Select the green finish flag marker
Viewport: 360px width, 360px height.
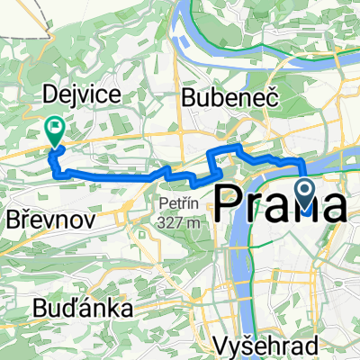(55, 131)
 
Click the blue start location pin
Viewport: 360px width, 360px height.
(305, 192)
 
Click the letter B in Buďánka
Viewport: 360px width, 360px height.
(40, 309)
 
